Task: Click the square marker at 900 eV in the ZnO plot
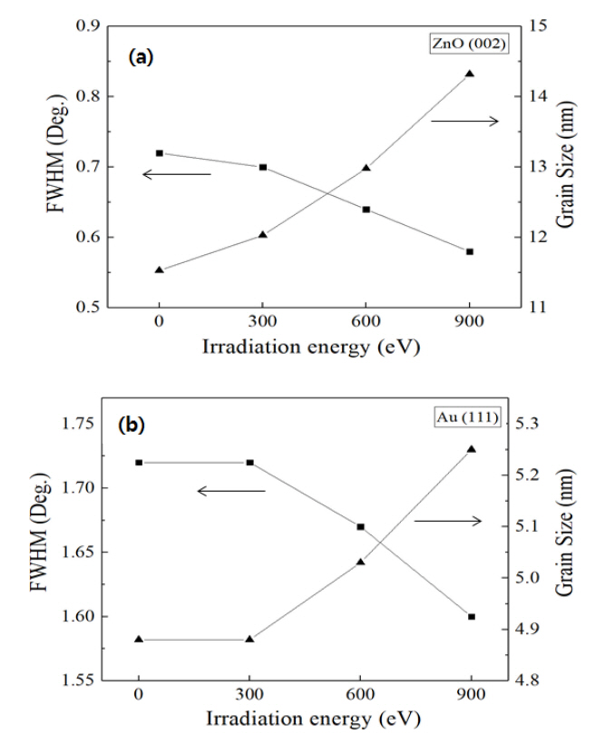point(470,251)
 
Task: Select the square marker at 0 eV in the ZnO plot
point(160,153)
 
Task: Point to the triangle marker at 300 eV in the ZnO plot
point(263,234)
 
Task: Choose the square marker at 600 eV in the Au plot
point(360,526)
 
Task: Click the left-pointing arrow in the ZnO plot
point(177,174)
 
